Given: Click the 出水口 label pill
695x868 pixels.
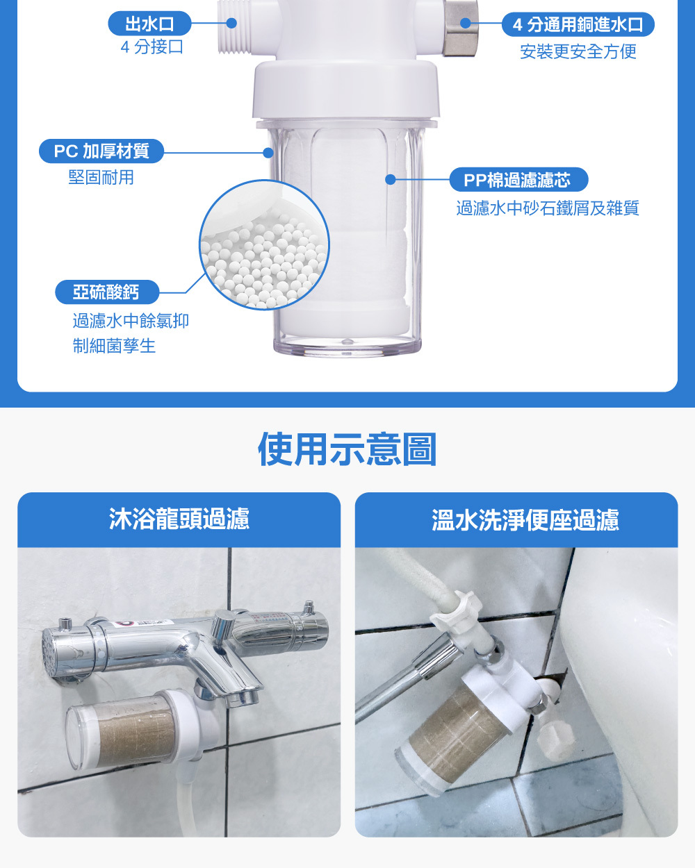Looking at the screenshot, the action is click(149, 24).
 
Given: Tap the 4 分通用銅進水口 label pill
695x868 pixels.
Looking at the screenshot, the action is click(578, 24).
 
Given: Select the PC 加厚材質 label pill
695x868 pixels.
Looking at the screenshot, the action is click(101, 151).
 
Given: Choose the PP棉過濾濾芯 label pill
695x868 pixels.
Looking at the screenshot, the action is click(518, 179).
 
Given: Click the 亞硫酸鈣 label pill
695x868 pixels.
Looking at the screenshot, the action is click(107, 292).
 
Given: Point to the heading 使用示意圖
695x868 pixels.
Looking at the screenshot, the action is click(347, 449).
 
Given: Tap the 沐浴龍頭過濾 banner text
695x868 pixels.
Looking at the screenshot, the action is click(179, 519).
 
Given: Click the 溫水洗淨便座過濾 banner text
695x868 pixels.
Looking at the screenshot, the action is click(525, 520).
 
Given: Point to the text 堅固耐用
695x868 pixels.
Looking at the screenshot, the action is click(101, 178).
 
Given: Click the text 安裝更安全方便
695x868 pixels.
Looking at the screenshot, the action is click(578, 51).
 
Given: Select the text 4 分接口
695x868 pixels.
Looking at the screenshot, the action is click(152, 47).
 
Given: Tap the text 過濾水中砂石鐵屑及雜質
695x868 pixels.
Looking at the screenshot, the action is click(548, 208).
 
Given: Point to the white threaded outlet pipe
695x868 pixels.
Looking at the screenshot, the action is click(235, 26).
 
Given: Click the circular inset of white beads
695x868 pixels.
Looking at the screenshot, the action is click(265, 245).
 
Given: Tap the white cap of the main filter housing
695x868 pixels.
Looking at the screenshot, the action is click(345, 90).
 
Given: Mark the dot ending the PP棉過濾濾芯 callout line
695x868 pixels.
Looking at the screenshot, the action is click(390, 179).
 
